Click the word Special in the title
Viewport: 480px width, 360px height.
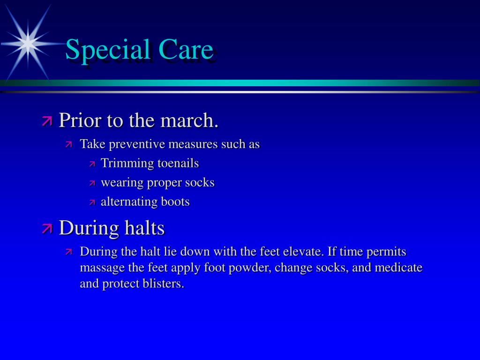(x=108, y=50)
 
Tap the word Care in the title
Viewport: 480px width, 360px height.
(x=186, y=49)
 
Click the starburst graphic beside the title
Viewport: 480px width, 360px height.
(x=28, y=43)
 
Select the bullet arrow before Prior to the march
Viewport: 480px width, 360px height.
(x=47, y=120)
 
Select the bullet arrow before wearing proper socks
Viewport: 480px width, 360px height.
(x=92, y=183)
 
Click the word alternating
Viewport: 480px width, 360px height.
(x=129, y=202)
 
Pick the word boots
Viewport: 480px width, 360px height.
(x=175, y=202)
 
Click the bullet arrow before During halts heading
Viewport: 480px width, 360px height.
(x=47, y=228)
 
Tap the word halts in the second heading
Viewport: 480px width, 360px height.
(x=145, y=228)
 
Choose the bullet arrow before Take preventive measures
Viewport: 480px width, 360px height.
(x=68, y=144)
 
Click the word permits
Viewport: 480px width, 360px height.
(x=386, y=252)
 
